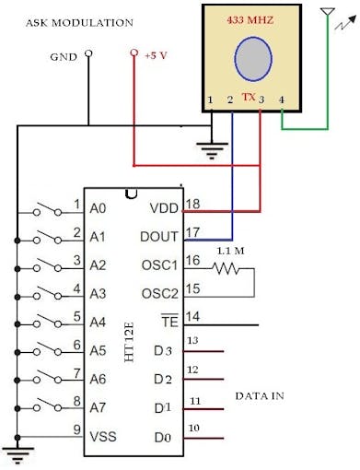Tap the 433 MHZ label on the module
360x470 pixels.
tap(252, 18)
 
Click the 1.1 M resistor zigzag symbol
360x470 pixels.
tap(225, 269)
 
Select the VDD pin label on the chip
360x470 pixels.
tap(163, 208)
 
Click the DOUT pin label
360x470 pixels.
tap(158, 237)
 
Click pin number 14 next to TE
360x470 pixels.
tap(192, 316)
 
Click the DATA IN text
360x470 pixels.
tap(259, 395)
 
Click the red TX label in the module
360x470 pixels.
tap(248, 96)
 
